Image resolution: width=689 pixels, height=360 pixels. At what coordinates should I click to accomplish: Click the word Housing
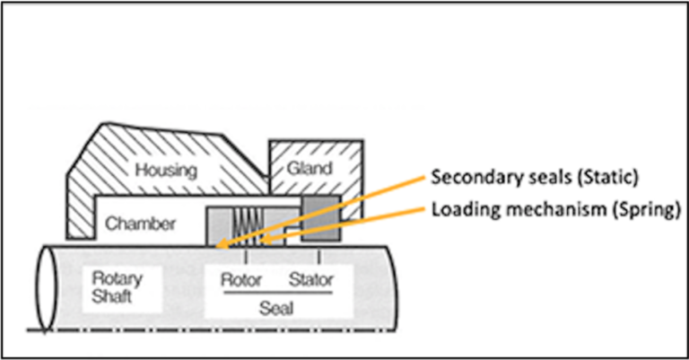168,169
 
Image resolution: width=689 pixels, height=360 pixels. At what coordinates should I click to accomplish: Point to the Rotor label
242,280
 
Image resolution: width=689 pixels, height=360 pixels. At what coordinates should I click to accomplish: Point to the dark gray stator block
320,222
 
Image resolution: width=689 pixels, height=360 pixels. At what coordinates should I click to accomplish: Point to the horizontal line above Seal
276,293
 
